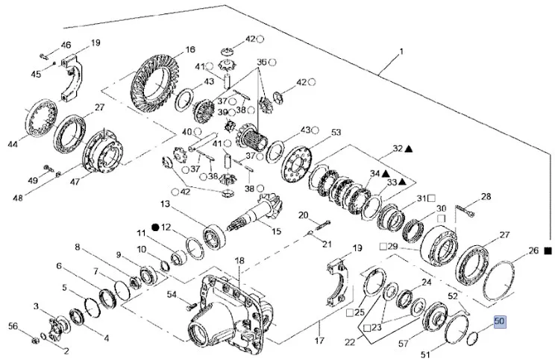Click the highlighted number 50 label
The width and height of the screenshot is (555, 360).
click(x=500, y=322)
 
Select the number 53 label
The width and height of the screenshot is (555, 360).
click(x=336, y=133)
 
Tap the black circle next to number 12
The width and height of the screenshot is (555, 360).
click(x=155, y=227)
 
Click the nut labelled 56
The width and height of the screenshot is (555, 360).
click(x=35, y=341)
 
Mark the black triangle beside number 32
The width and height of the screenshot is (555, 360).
click(x=409, y=149)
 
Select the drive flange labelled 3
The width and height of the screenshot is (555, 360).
click(x=54, y=326)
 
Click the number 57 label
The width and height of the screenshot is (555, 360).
click(x=404, y=344)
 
